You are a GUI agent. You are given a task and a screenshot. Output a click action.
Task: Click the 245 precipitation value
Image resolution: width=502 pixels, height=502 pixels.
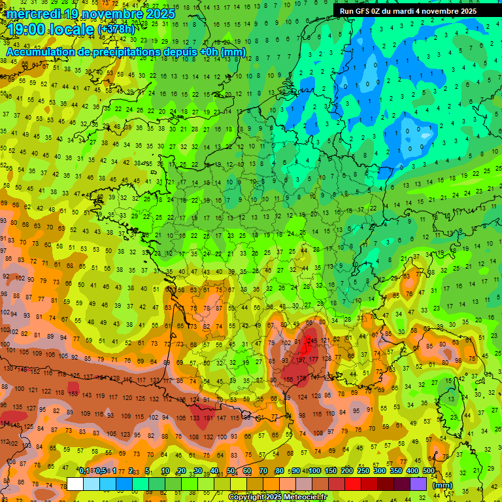(x=312, y=341)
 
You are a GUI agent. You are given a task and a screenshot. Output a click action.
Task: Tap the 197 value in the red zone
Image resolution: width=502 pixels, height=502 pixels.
(x=302, y=360)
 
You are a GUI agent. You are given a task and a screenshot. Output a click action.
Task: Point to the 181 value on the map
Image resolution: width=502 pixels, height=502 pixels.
(x=209, y=418)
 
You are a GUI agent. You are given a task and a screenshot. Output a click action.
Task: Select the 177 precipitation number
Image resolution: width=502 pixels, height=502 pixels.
(x=314, y=360)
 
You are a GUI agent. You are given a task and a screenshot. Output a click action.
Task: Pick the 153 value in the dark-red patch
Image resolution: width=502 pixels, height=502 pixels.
(x=73, y=394)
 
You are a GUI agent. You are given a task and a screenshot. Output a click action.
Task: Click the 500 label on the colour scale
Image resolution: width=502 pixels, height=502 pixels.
(x=428, y=471)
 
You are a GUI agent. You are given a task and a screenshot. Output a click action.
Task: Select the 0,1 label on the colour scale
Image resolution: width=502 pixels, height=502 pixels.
(x=84, y=471)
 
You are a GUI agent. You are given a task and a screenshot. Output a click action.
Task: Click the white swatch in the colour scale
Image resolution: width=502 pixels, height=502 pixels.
(x=75, y=484)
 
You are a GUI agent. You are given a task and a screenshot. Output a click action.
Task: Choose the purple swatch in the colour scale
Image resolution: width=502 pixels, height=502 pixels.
(x=418, y=484)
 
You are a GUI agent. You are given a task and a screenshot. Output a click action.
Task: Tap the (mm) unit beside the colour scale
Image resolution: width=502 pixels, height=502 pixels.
(x=442, y=485)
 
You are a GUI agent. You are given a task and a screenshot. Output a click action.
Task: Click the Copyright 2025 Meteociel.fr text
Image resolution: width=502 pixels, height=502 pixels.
(x=277, y=497)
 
